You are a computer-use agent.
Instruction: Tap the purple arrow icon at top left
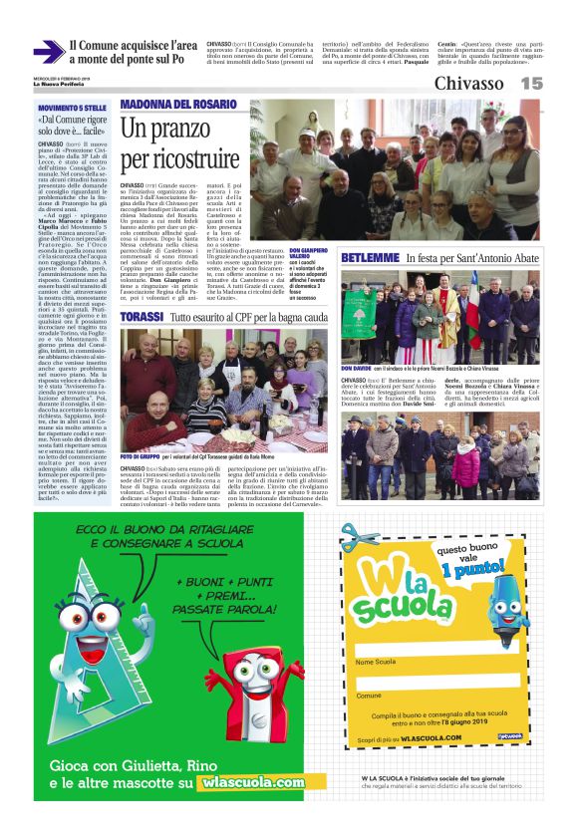tap(48, 53)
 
